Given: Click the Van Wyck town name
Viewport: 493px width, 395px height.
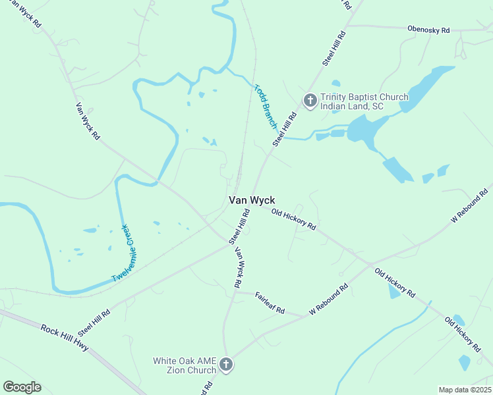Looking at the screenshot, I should tap(251, 200).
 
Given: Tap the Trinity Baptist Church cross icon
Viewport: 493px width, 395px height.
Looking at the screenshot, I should tap(310, 101).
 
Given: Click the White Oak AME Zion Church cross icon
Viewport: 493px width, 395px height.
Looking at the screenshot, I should tap(225, 365).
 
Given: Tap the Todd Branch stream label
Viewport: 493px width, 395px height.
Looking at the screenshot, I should tap(266, 105).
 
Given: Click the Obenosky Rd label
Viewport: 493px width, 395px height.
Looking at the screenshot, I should tap(428, 30).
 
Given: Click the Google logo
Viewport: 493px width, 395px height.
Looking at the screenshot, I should tap(22, 387).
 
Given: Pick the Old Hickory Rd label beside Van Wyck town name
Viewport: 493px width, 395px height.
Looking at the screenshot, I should tap(294, 219).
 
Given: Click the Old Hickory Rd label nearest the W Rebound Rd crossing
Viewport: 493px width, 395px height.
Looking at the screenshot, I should tap(395, 282).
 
